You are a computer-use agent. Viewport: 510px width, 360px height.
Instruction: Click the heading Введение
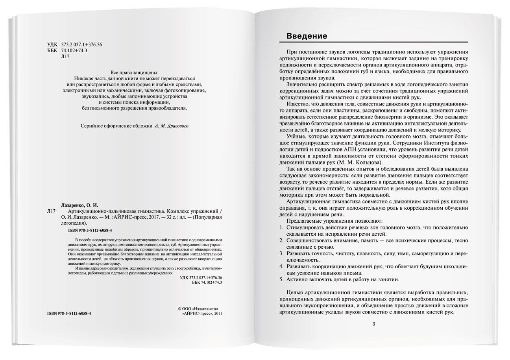click(x=307, y=36)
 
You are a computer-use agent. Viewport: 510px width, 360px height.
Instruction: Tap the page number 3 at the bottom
click(x=373, y=324)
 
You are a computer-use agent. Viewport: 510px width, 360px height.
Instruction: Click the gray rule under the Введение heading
click(x=373, y=42)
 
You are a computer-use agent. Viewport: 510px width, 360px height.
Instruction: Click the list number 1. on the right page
click(x=281, y=227)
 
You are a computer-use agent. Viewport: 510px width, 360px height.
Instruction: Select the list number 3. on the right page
click(x=281, y=253)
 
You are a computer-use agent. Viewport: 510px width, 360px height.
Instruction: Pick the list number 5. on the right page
click(x=281, y=279)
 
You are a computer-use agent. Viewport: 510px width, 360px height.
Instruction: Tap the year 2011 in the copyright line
click(x=217, y=314)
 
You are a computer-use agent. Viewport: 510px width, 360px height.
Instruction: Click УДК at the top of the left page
click(x=52, y=44)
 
